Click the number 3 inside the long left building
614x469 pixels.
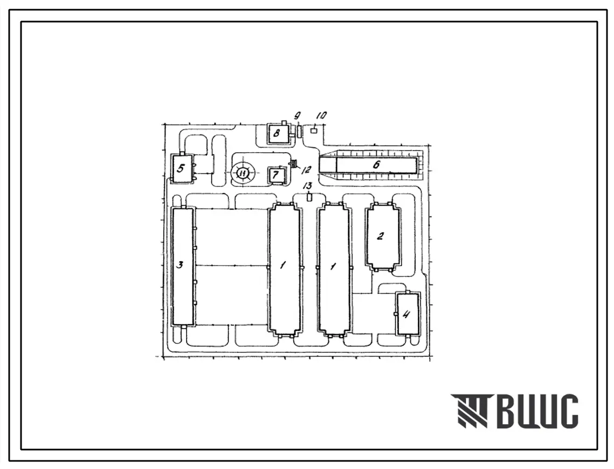coord(180,265)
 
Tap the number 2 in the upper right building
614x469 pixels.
coord(380,236)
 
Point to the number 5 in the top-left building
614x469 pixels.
coord(180,168)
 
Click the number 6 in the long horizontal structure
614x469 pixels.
coord(376,164)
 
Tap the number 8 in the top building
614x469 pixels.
coord(277,133)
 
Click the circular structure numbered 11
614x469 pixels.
coord(243,173)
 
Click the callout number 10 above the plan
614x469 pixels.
coord(321,115)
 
